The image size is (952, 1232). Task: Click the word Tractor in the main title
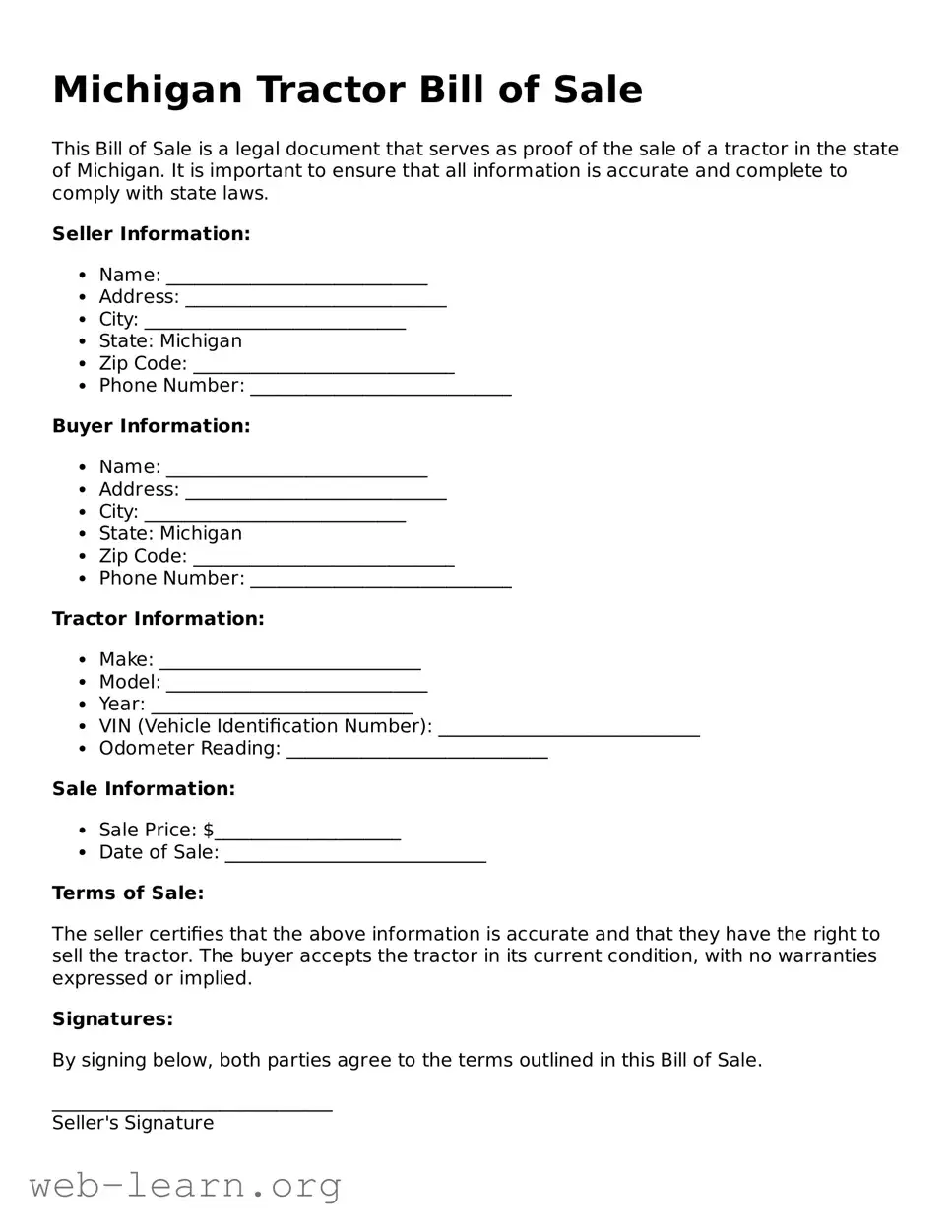(332, 90)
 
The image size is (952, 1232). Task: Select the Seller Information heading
(151, 234)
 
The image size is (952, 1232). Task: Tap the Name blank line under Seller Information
(296, 277)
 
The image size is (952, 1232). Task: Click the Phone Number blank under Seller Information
(381, 389)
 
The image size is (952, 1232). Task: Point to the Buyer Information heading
(151, 426)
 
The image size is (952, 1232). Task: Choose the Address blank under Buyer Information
(315, 492)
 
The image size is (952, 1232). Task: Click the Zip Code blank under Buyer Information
(323, 559)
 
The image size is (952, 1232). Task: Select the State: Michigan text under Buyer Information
(169, 533)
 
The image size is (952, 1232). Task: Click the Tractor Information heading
(158, 619)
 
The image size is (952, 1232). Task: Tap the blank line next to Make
(289, 662)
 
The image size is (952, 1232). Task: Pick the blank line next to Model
(296, 685)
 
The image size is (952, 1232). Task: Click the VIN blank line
(568, 729)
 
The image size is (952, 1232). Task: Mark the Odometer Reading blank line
(416, 751)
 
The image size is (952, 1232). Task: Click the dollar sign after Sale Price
(209, 831)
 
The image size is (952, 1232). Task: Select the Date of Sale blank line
(355, 855)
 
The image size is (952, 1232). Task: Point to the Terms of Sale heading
(128, 893)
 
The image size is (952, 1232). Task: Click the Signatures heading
(112, 1019)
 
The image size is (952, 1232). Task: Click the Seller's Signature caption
(133, 1123)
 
